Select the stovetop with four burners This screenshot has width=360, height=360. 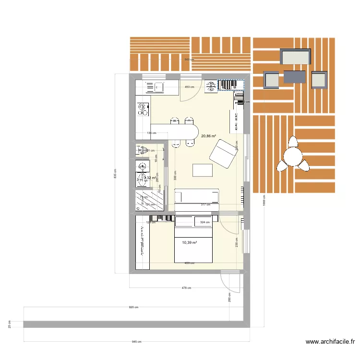coord(142,110)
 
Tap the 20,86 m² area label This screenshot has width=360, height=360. coord(208,136)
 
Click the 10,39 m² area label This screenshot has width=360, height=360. coord(190,243)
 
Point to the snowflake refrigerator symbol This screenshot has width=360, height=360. coord(211,86)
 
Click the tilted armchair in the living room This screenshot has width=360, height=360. coord(223,154)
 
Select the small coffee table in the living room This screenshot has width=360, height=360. coord(202,170)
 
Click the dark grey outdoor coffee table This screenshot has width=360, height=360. coord(294,77)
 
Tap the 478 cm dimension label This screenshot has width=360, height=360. coord(186,288)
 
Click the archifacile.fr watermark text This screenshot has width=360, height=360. coord(330,342)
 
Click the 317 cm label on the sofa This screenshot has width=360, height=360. coord(205,205)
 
